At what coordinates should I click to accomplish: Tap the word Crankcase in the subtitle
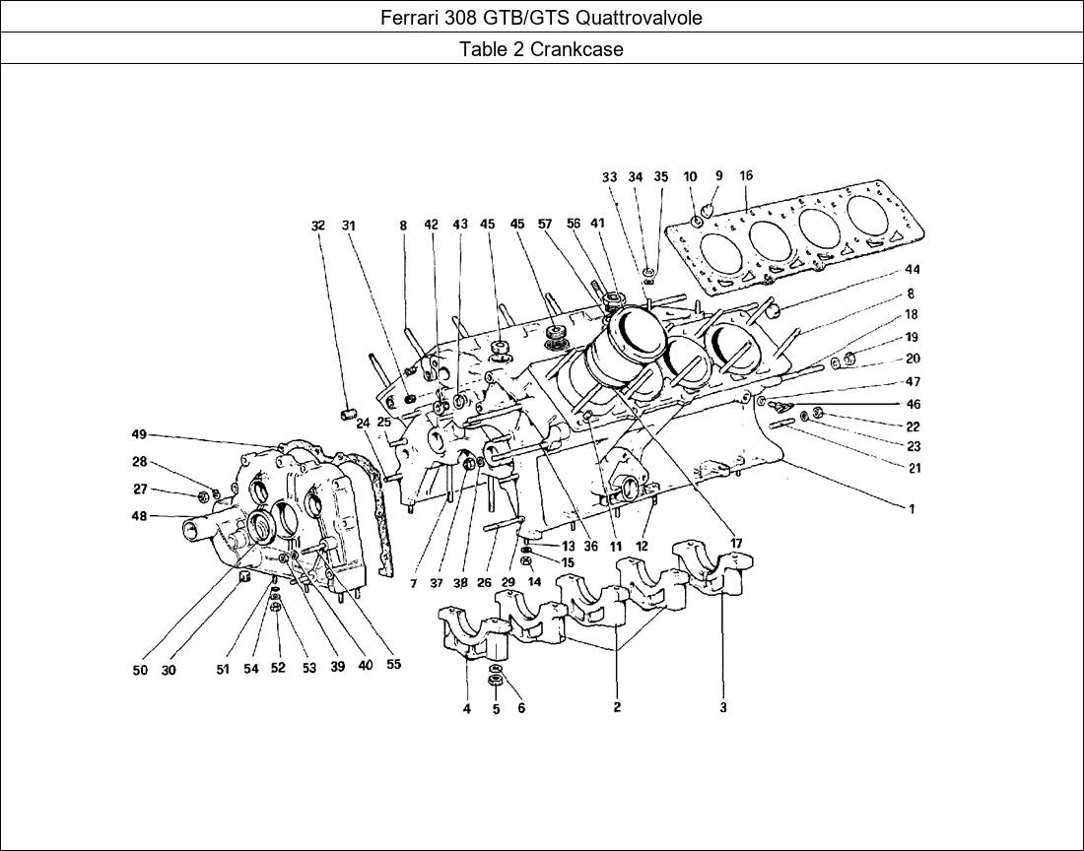point(576,49)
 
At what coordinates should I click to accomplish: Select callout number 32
point(317,226)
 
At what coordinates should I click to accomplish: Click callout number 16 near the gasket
point(746,176)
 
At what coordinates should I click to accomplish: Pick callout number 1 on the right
point(912,509)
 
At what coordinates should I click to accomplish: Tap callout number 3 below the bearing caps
point(723,707)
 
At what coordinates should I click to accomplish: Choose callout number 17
point(736,544)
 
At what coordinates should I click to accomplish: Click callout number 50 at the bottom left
point(140,670)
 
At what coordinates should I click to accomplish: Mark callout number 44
point(912,269)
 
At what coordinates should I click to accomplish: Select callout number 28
point(140,462)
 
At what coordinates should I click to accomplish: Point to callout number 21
point(914,468)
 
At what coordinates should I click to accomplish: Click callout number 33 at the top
point(610,177)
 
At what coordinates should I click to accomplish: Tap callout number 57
point(544,225)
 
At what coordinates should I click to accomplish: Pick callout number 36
point(590,547)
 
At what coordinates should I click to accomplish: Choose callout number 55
point(393,665)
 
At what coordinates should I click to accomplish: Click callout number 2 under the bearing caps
point(617,707)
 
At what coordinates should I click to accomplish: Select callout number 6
point(520,707)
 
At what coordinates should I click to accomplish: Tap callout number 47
point(913,381)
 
